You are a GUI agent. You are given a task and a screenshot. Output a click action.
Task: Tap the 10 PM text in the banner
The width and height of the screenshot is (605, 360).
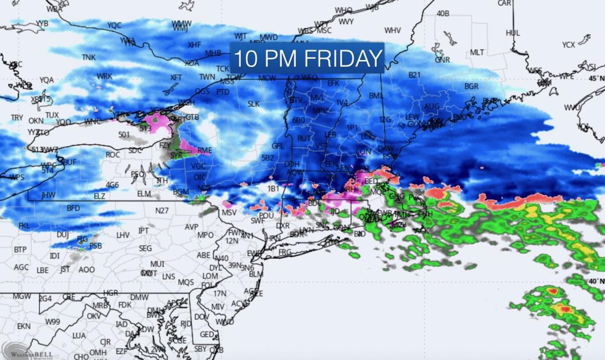(x=263, y=58)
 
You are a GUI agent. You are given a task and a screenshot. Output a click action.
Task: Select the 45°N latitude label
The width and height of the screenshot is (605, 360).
(x=595, y=78)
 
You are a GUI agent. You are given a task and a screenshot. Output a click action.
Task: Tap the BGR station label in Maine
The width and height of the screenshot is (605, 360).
(x=471, y=86)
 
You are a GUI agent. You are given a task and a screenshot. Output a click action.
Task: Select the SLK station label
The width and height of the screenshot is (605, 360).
(x=253, y=104)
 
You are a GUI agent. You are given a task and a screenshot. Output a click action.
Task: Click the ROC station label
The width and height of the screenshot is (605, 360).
(x=112, y=155)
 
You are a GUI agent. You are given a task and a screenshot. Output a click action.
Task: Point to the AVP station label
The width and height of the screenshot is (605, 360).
(x=191, y=227)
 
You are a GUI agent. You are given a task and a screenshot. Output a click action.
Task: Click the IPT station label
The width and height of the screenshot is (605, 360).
(x=144, y=230)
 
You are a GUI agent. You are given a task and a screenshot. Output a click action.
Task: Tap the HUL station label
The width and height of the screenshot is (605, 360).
(x=513, y=33)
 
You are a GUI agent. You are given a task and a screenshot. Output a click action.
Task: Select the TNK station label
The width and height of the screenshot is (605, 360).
(x=89, y=57)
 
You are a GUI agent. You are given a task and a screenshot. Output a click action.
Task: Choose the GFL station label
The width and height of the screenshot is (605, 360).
(x=278, y=146)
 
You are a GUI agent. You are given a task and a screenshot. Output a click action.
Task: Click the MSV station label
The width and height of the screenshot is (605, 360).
(x=229, y=213)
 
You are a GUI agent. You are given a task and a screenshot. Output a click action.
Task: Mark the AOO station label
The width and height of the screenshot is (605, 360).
(x=86, y=270)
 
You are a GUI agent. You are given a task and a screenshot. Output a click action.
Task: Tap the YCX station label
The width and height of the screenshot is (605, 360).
(x=569, y=45)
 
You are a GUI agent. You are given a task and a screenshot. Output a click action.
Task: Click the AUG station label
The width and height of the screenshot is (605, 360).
(x=432, y=106)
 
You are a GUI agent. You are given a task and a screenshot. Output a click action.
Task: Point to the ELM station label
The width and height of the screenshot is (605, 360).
(x=144, y=194)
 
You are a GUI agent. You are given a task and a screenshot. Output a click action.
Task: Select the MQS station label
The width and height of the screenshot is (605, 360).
(x=186, y=282)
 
